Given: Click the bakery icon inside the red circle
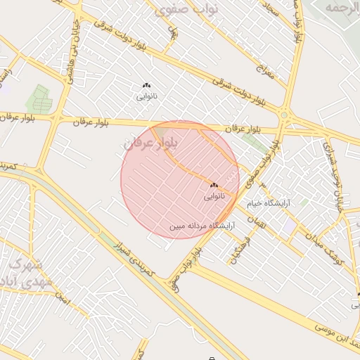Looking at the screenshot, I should (214, 186).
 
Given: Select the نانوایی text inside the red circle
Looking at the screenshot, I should (214, 196).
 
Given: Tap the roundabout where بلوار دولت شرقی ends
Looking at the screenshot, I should (285, 115).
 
